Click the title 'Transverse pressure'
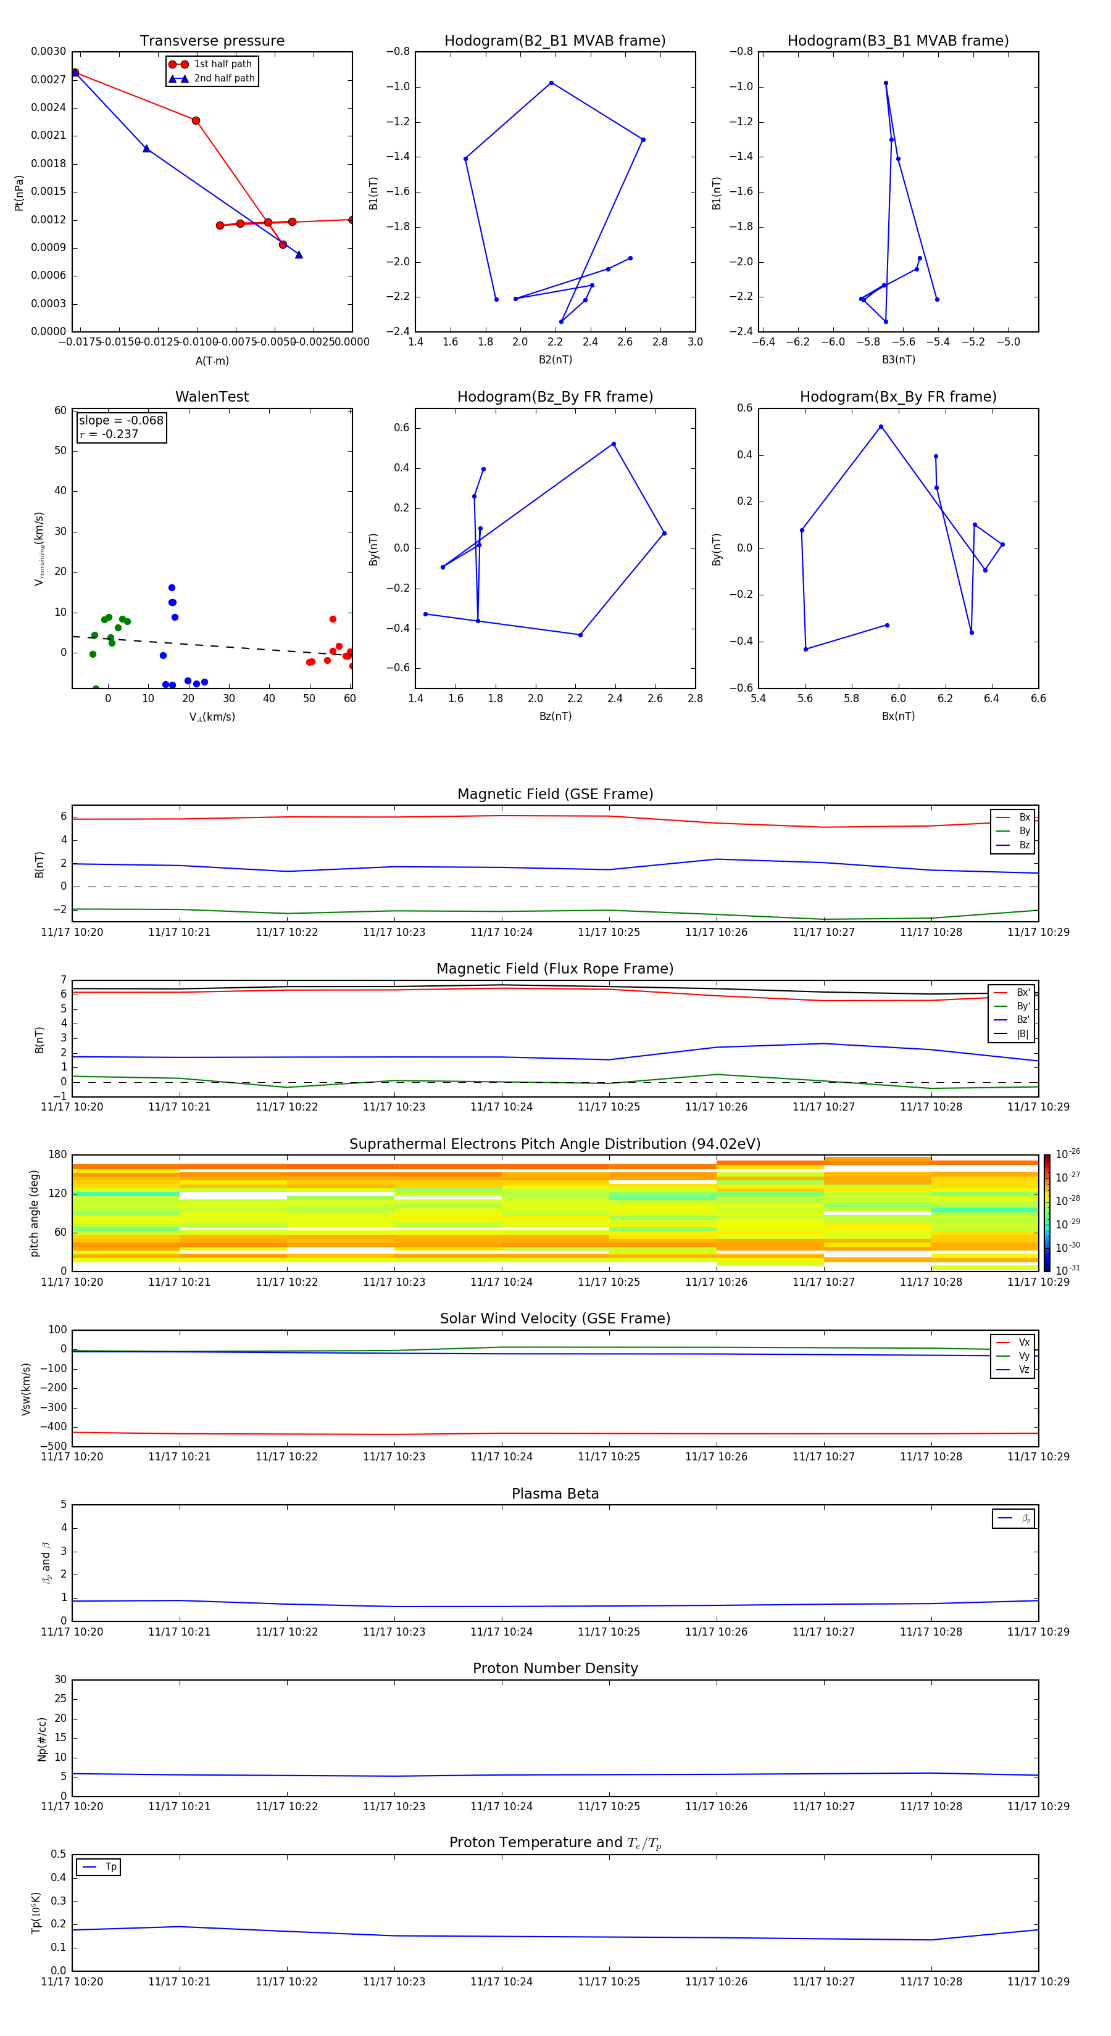[x=212, y=41]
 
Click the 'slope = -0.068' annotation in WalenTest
[x=121, y=421]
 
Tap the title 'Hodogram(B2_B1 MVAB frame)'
[x=554, y=41]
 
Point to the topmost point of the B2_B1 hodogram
[x=551, y=83]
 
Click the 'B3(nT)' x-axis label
[x=898, y=360]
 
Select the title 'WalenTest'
[x=212, y=397]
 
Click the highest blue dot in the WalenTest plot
[x=172, y=587]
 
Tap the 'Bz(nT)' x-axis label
[x=555, y=716]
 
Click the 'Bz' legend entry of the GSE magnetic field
[x=1024, y=845]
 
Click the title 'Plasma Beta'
[x=555, y=1494]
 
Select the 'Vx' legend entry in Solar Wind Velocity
[x=1023, y=1342]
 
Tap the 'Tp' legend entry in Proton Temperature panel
[x=110, y=1867]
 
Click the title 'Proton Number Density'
[x=555, y=1668]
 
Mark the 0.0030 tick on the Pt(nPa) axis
[x=48, y=51]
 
